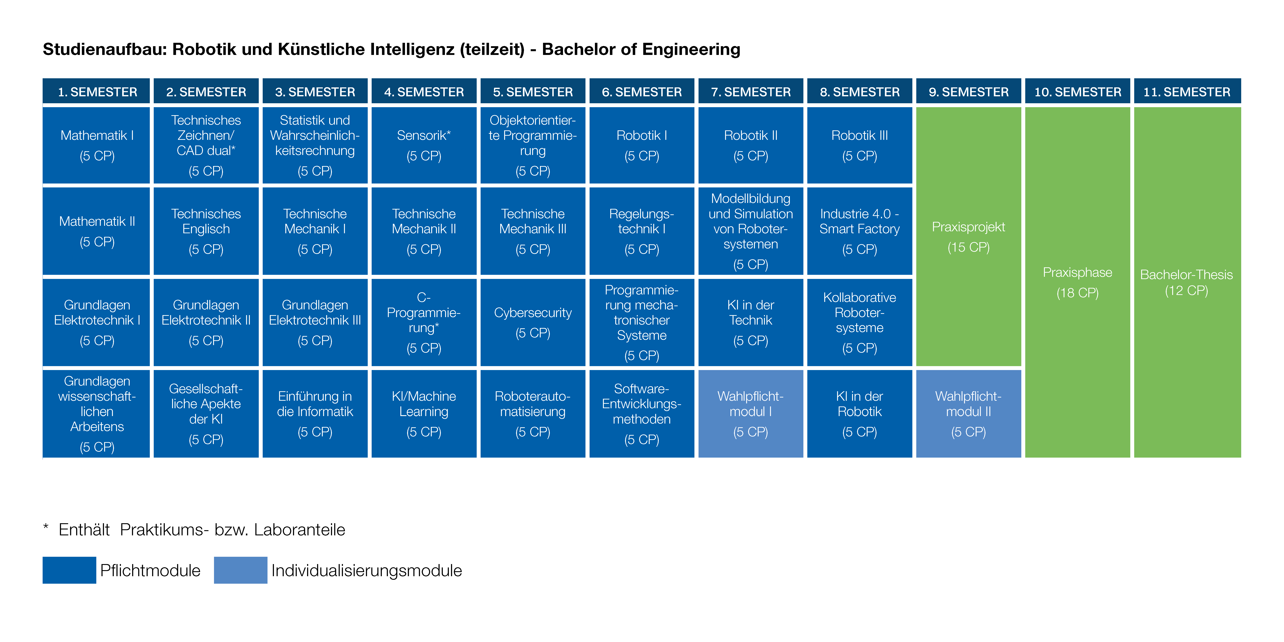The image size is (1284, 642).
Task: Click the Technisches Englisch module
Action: click(x=206, y=231)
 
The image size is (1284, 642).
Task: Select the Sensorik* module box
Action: click(x=424, y=145)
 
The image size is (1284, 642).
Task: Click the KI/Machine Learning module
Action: click(x=424, y=413)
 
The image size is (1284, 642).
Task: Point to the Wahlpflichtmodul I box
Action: click(x=751, y=413)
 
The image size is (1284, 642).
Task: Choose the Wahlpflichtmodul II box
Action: click(x=969, y=413)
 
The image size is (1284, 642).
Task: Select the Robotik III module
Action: click(x=859, y=145)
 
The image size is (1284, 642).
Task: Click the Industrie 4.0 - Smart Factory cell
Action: click(x=859, y=231)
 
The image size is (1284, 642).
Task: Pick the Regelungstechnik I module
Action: click(x=641, y=231)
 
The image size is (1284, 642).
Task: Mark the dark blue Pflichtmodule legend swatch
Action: click(x=69, y=570)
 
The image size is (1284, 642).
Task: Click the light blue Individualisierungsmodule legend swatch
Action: click(x=241, y=570)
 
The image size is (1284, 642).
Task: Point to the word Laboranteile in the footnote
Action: click(x=300, y=529)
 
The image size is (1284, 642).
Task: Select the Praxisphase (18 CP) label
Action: click(x=1078, y=282)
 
